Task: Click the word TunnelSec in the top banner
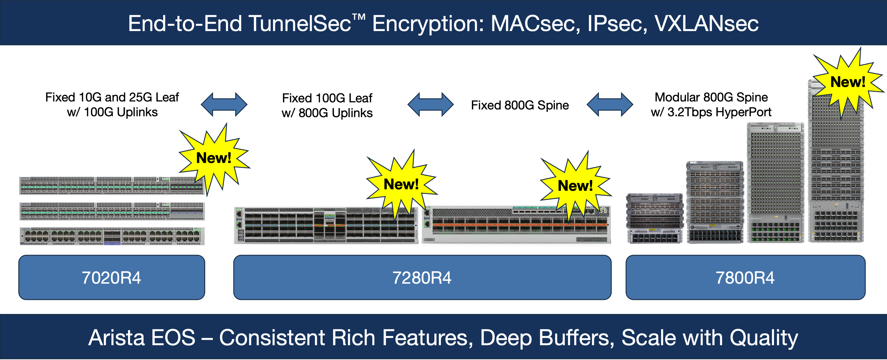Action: pyautogui.click(x=300, y=23)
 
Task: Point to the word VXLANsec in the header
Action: pyautogui.click(x=706, y=23)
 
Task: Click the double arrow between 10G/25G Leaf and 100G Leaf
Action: pyautogui.click(x=224, y=104)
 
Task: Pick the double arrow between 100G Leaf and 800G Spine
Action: pyautogui.click(x=430, y=104)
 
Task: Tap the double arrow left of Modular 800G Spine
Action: pyautogui.click(x=609, y=104)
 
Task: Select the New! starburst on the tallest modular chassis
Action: pyautogui.click(x=847, y=82)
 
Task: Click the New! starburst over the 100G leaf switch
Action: pyautogui.click(x=401, y=184)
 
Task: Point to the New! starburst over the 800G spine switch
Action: pyautogui.click(x=575, y=186)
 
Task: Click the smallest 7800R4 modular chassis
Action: pyautogui.click(x=654, y=219)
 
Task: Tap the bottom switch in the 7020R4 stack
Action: pyautogui.click(x=112, y=236)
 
